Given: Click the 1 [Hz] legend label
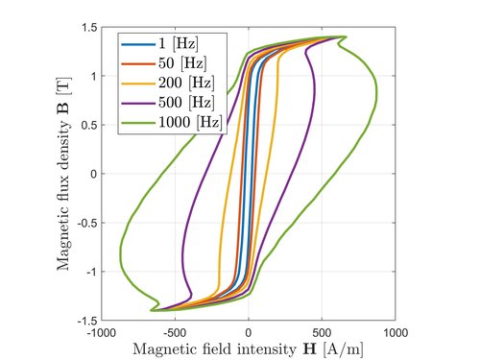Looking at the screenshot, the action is [179, 43].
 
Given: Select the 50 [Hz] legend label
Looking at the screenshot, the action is [182, 62].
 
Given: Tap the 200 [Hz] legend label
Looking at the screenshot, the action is [186, 83].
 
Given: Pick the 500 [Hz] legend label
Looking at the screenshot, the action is [186, 103].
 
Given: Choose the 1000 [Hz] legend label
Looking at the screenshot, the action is [190, 122].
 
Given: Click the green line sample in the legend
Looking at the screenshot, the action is [138, 123].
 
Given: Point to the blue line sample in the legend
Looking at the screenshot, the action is [138, 44].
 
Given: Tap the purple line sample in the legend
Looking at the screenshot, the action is [138, 103].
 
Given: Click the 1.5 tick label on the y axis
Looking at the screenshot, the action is [89, 28].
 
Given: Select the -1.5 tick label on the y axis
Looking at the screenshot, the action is [87, 321].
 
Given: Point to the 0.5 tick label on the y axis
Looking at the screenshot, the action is [89, 125].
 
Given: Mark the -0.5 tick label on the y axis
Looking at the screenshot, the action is [87, 223].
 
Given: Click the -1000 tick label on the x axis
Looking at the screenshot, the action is [102, 333].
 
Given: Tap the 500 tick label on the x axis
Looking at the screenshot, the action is [322, 333].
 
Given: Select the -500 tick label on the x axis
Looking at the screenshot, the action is [175, 333].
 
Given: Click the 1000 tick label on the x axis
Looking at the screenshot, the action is [396, 333].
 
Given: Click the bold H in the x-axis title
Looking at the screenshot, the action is [309, 349].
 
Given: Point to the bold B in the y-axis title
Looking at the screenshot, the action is [63, 108].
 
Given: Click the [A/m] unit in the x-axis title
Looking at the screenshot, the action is [344, 349].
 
